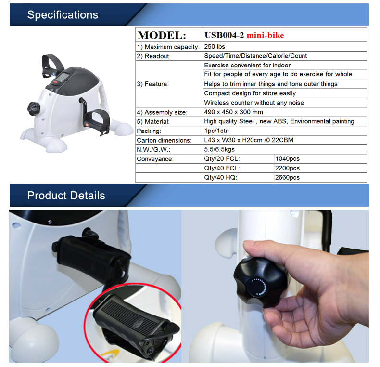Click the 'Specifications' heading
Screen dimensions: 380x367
tap(63, 15)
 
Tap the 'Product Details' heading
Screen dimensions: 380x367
tap(66, 196)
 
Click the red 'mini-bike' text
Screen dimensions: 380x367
tap(265, 35)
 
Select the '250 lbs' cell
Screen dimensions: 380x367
tap(215, 47)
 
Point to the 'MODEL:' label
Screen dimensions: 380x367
tap(162, 35)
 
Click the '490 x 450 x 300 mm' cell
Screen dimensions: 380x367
tap(233, 112)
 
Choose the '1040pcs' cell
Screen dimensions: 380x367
tap(288, 159)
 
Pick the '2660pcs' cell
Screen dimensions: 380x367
tap(288, 177)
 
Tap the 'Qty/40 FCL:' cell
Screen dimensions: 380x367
tap(222, 168)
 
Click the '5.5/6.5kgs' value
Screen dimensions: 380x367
tap(219, 149)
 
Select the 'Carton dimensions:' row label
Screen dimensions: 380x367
tap(164, 140)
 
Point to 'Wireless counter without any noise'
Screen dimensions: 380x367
tap(254, 103)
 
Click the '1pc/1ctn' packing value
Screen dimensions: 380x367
tap(216, 131)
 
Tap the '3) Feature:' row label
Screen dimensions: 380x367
tap(152, 84)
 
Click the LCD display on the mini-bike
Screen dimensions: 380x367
tap(62, 77)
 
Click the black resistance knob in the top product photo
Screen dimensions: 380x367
tap(34, 109)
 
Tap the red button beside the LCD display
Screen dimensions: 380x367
tap(56, 82)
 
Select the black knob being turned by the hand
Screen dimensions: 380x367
tap(261, 283)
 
